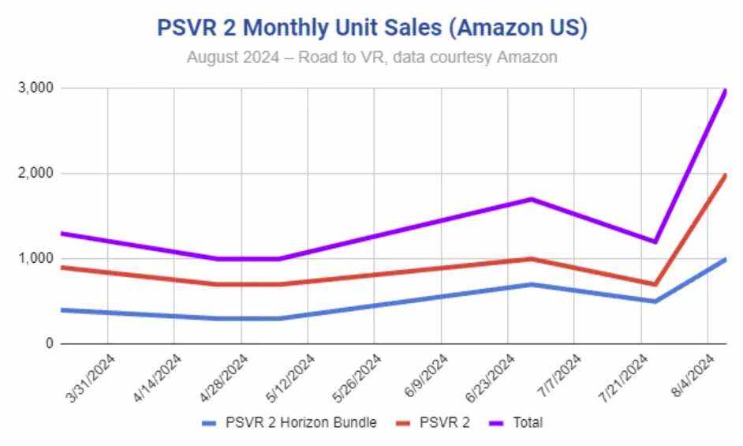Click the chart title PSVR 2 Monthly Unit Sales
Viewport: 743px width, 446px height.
coord(372,27)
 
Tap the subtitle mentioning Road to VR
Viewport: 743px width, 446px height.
coord(372,58)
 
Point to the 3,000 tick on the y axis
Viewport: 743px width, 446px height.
coord(35,88)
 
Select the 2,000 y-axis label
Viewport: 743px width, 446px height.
coord(35,173)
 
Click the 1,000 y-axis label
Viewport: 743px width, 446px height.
coord(35,258)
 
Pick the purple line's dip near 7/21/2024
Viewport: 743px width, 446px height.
coord(655,242)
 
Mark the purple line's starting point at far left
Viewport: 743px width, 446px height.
coord(62,233)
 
